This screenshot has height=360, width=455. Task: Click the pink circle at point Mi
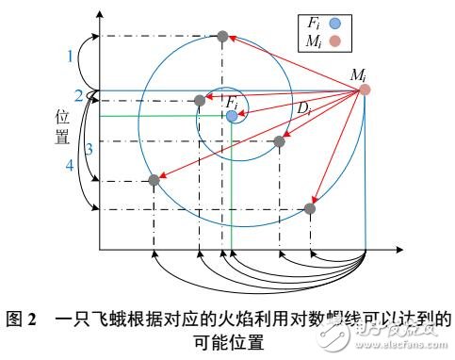(365, 90)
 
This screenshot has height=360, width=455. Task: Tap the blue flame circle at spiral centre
(231, 115)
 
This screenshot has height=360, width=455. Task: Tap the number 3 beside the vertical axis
(89, 149)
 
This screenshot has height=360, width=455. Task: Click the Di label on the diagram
(302, 111)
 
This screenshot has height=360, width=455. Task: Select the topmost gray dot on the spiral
(222, 37)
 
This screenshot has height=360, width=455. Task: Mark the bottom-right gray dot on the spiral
(311, 208)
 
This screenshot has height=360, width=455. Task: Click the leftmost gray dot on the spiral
(154, 180)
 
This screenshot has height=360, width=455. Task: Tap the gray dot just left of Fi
(200, 100)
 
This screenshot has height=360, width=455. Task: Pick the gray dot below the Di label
(279, 141)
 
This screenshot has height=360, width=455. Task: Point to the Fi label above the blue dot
(229, 100)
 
